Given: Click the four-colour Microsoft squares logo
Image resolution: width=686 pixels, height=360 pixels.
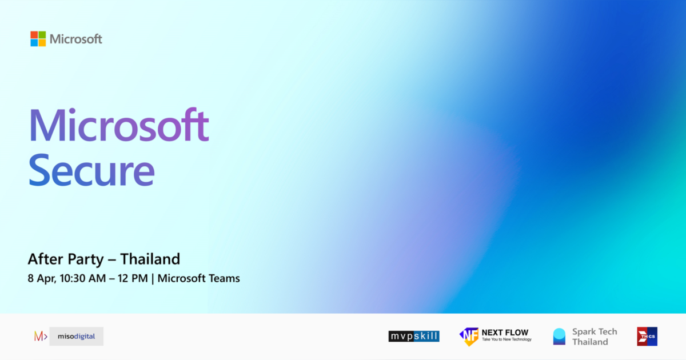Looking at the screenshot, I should pyautogui.click(x=38, y=39).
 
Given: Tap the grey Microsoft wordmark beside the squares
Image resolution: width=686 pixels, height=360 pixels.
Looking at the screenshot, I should pyautogui.click(x=76, y=39).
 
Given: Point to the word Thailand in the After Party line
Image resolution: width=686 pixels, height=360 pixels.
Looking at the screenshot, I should pyautogui.click(x=150, y=259).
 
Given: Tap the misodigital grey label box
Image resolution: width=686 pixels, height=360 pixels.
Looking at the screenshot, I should pyautogui.click(x=77, y=337).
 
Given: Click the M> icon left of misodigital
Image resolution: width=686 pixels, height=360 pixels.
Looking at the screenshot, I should pyautogui.click(x=40, y=337).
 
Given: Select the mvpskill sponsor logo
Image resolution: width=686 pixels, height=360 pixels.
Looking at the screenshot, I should pyautogui.click(x=414, y=337).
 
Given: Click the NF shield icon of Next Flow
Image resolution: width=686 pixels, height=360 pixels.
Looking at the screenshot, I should pyautogui.click(x=469, y=337).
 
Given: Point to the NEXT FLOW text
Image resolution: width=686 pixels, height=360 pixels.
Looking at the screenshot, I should pyautogui.click(x=505, y=333).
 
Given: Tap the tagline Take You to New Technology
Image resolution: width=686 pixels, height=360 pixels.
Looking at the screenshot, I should pyautogui.click(x=506, y=340).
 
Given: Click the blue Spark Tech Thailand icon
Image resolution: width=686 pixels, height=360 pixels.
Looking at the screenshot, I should pyautogui.click(x=559, y=337).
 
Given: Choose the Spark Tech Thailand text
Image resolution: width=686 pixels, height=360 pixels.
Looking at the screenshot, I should pyautogui.click(x=595, y=337).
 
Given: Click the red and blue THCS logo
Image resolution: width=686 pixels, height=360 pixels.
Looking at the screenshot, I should pyautogui.click(x=647, y=337).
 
